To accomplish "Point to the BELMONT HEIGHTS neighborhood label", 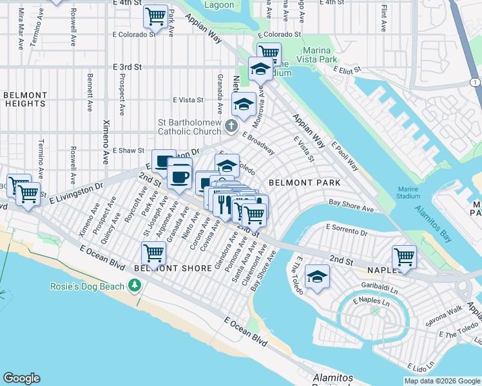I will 24,99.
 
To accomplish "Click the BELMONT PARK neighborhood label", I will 304,183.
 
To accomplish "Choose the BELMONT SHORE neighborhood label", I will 173,268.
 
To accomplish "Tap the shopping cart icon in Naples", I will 404,256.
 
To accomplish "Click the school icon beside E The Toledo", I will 316,276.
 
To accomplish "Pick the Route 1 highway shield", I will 475,82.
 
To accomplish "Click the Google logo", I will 22,378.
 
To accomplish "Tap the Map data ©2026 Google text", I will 442,381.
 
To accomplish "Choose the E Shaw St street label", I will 128,151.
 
